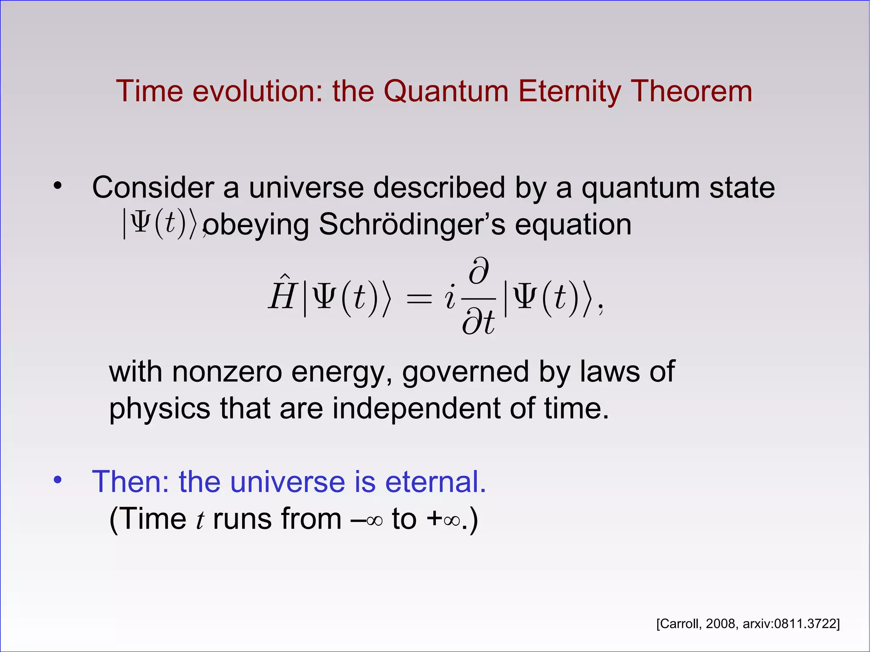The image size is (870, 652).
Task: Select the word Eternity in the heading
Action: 570,92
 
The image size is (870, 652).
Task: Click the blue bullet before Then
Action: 58,480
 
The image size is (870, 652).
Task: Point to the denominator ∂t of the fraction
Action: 478,322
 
